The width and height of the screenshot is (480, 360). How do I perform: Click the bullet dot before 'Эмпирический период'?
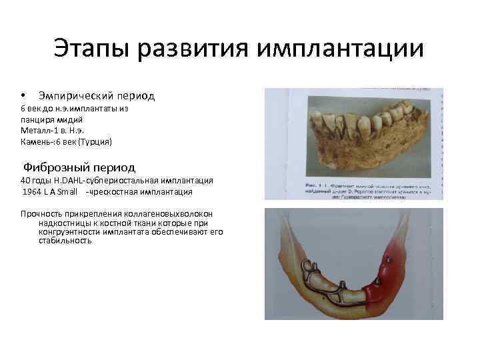pyautogui.click(x=23, y=97)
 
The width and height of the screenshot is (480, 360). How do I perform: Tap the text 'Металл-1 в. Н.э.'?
pyautogui.click(x=53, y=129)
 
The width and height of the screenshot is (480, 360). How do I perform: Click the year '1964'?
pyautogui.click(x=33, y=192)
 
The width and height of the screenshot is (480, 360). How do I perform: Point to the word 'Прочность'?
pyautogui.click(x=43, y=213)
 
